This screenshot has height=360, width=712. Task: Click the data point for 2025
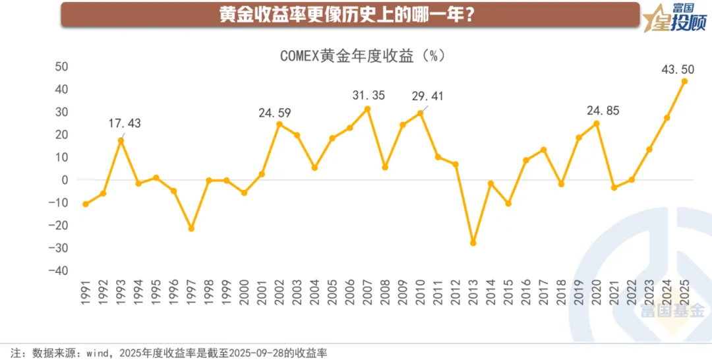(x=684, y=81)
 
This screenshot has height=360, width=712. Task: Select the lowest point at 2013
(x=473, y=243)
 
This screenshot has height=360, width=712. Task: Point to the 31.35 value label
(x=370, y=96)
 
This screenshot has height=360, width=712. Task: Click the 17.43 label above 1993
(x=125, y=123)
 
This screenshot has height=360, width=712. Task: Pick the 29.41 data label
(x=427, y=97)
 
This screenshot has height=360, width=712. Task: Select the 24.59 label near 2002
(x=274, y=113)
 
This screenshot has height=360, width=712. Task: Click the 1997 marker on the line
(x=191, y=228)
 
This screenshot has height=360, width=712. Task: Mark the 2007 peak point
(x=367, y=109)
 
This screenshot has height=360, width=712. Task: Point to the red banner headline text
(x=350, y=15)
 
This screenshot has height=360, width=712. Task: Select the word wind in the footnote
(x=98, y=353)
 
